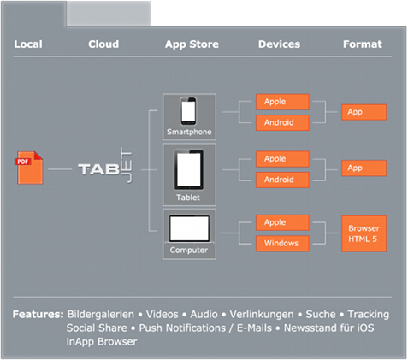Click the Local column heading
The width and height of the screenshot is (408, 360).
(x=28, y=44)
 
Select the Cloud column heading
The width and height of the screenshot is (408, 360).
(x=103, y=44)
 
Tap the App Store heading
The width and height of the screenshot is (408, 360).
(x=192, y=44)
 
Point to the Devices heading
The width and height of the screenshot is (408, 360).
(x=279, y=44)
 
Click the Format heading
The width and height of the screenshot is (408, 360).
(x=363, y=44)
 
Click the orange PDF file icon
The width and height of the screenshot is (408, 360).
(x=30, y=168)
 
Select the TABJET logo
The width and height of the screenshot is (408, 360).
(x=105, y=166)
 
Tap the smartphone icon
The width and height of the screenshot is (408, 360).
(x=188, y=111)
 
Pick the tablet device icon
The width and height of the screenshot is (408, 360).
(x=189, y=170)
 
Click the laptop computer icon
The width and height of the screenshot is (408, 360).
(x=189, y=229)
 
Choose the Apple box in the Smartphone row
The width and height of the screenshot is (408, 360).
(x=282, y=102)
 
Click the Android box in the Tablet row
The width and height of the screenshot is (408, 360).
(x=282, y=180)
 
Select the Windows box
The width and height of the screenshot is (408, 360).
(x=282, y=244)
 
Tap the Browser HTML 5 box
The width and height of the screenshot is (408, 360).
(x=364, y=233)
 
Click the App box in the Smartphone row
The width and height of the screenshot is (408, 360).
(x=364, y=112)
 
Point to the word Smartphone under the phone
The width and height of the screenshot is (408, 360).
(x=189, y=132)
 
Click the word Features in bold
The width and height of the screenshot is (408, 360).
(x=38, y=314)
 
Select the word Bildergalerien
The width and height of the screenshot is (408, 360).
(x=100, y=315)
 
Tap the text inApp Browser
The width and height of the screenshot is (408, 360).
(x=102, y=341)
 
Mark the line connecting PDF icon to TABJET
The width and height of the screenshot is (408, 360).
(x=60, y=169)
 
